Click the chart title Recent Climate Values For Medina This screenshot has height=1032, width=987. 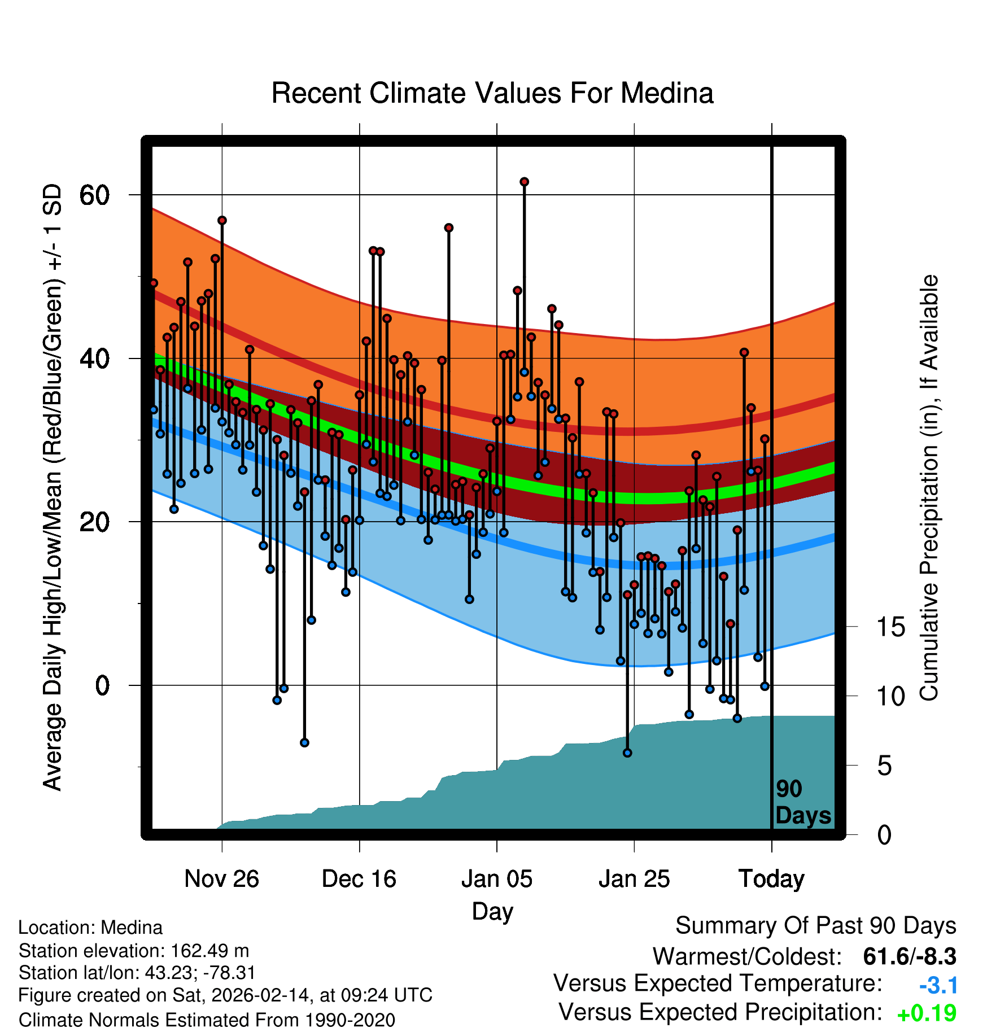point(492,93)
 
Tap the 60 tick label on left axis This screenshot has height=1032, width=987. point(94,195)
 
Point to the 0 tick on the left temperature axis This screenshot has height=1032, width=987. point(102,686)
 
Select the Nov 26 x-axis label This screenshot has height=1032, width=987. point(221,879)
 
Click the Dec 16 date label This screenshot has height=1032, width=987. point(359,879)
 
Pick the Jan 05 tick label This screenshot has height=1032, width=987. point(497,879)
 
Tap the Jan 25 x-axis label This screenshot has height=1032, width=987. point(634,879)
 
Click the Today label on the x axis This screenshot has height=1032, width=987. point(771,879)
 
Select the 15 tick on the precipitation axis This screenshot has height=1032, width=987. point(890,627)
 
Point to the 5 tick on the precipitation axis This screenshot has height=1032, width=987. point(885,766)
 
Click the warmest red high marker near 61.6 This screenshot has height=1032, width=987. point(524,182)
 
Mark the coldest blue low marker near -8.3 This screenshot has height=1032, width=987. point(627,753)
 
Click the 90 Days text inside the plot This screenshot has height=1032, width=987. point(803,803)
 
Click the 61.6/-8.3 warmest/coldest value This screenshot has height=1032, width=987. point(910,956)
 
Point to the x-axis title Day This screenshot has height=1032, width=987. point(492,911)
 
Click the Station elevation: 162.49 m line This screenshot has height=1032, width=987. point(134,951)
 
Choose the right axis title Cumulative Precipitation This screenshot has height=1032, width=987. point(929,488)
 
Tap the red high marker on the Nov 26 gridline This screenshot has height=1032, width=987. point(222,220)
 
